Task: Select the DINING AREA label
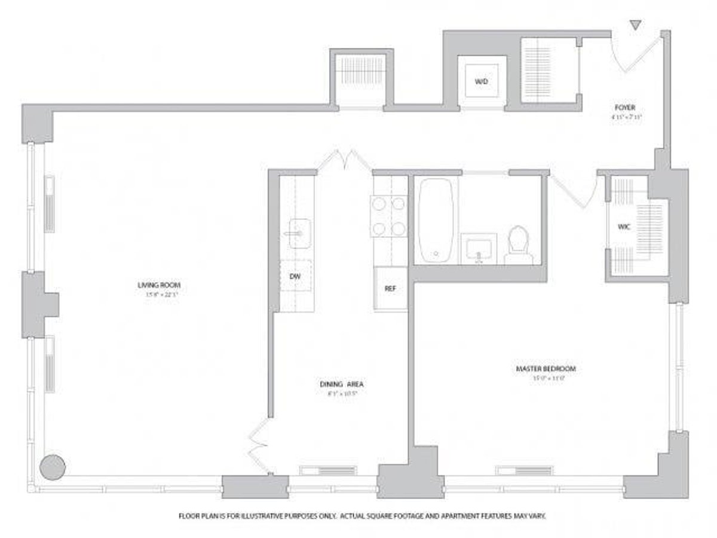click(x=342, y=384)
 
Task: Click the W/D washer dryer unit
click(x=482, y=82)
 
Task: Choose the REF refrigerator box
click(x=390, y=288)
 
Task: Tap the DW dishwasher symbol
click(x=296, y=276)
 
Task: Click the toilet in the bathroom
click(x=519, y=245)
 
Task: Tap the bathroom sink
click(x=479, y=248)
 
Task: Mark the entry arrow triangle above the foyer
click(x=636, y=25)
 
